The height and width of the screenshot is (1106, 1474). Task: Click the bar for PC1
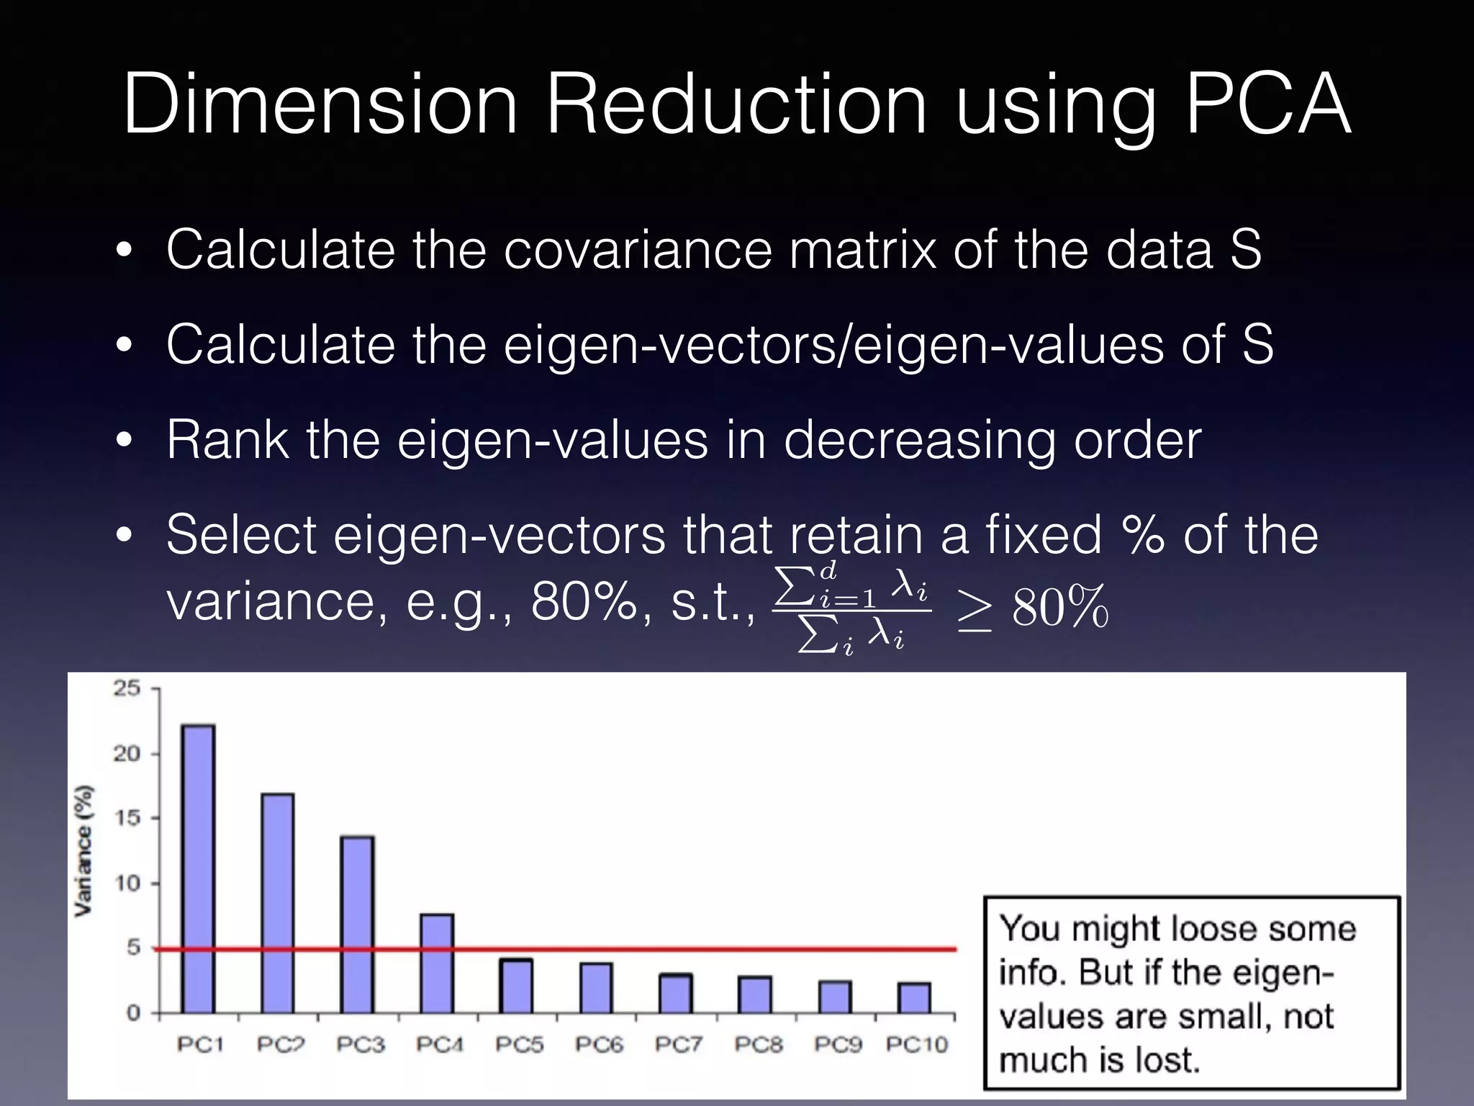coord(198,868)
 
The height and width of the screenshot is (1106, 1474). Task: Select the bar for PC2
coord(278,903)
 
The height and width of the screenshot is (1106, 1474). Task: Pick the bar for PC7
coord(676,994)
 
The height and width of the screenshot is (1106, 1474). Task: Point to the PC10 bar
coord(914,998)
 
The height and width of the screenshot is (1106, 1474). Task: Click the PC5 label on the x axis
coord(519,1045)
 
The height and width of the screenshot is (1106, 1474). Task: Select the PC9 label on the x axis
coord(838,1045)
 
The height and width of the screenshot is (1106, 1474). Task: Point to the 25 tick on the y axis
coord(127,688)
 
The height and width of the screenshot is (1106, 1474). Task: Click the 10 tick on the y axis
coord(127,884)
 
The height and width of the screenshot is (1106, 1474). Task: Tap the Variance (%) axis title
coord(84,850)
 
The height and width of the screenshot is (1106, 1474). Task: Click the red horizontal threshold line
coord(720,949)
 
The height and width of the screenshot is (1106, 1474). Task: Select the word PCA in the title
coord(1268,104)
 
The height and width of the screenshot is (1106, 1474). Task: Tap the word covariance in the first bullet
coord(637,249)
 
